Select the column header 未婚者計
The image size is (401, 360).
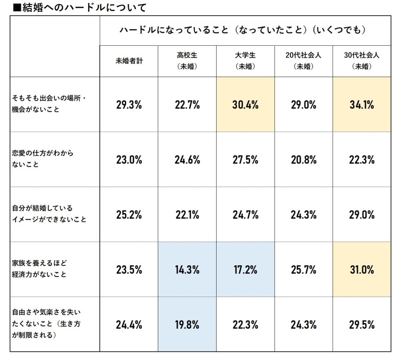click(129, 61)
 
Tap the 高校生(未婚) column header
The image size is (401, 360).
click(187, 61)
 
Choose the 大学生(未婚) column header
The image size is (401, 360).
click(245, 61)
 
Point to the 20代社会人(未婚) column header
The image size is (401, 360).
click(303, 61)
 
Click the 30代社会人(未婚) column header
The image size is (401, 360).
click(361, 61)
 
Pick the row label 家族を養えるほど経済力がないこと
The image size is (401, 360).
click(39, 268)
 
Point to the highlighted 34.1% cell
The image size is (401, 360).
click(361, 105)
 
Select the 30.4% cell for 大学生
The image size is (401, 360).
click(245, 105)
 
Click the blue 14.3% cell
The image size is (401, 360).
click(187, 270)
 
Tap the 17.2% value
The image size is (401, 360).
click(245, 270)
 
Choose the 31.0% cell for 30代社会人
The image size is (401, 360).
click(361, 270)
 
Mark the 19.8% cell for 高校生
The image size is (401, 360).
click(187, 325)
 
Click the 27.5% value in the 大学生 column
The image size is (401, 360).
click(245, 160)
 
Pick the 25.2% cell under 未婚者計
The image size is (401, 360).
click(129, 215)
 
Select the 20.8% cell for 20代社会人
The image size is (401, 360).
click(303, 160)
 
